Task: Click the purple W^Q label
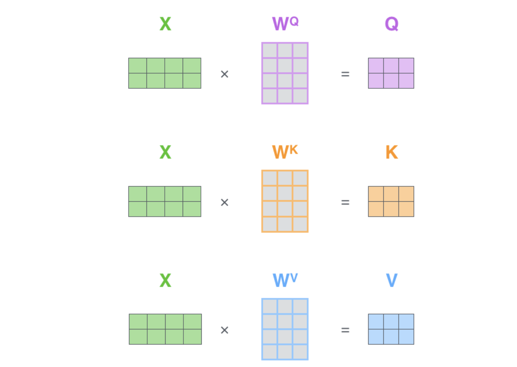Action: tap(285, 24)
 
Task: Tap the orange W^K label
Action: tap(285, 152)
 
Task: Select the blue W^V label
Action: tap(285, 280)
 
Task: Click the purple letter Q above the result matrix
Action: tap(391, 24)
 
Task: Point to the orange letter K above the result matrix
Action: tap(391, 152)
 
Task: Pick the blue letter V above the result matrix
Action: tap(391, 280)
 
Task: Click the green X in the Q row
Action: tap(165, 24)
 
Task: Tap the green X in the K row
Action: tap(165, 152)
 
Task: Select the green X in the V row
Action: tap(165, 280)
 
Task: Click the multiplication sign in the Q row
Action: tap(224, 74)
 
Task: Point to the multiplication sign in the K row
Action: tap(224, 202)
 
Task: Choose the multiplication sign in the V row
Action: tap(224, 330)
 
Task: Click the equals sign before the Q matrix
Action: tap(345, 74)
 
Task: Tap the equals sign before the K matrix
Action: tap(345, 202)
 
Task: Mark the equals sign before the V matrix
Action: tap(345, 330)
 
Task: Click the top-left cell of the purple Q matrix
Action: tap(376, 66)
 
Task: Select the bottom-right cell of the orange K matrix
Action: tap(406, 209)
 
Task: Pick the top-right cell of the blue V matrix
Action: tap(406, 322)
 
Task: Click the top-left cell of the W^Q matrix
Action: tap(270, 51)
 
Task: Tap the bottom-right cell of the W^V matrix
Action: tap(300, 352)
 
